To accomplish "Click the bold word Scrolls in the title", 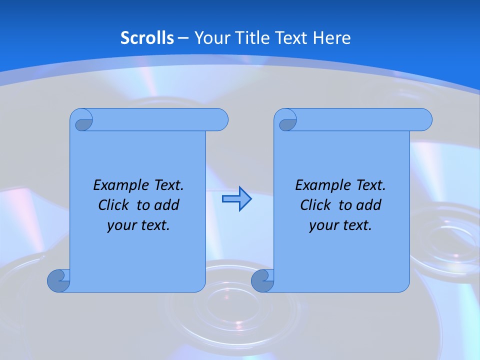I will coord(147,38).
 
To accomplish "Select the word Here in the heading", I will coord(331,38).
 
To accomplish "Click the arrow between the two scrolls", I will coord(236,199).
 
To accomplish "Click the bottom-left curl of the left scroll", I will coord(58,280).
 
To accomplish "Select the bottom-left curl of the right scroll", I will coord(262,280).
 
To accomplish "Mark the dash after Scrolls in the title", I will coord(183,38).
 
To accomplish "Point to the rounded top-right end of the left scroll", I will coord(220,119).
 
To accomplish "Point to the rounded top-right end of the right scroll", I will coord(424,119).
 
